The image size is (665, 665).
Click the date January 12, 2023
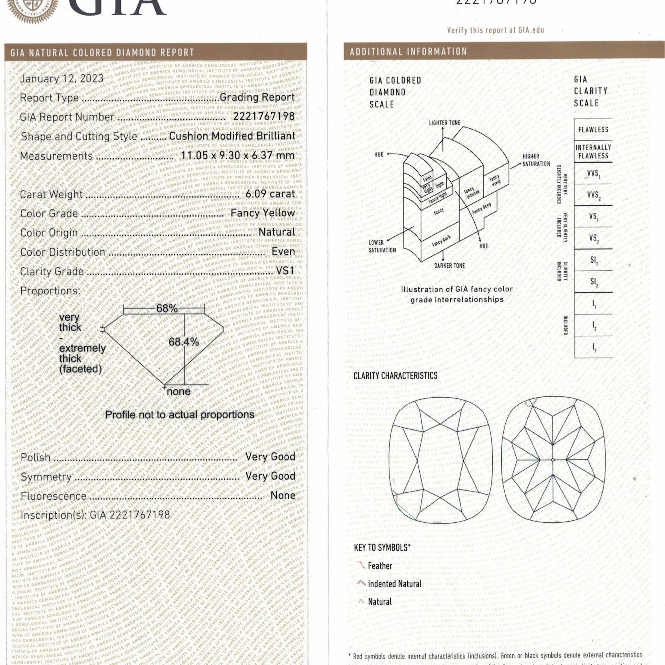click(62, 78)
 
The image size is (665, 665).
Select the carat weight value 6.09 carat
click(270, 194)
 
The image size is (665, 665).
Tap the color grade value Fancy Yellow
click(263, 213)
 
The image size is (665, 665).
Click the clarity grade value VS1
click(285, 271)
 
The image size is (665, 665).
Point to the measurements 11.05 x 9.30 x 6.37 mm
click(238, 156)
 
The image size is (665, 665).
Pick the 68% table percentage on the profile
click(167, 309)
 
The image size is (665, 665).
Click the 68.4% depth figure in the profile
click(184, 342)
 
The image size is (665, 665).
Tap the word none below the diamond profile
click(179, 391)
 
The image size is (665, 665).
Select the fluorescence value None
click(283, 495)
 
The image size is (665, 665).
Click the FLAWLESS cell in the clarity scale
click(593, 130)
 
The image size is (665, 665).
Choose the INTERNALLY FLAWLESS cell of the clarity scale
click(593, 151)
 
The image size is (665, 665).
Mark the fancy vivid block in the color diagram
click(495, 180)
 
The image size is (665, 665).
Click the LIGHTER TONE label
click(444, 123)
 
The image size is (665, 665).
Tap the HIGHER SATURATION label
click(536, 160)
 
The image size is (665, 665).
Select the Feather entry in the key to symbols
click(380, 566)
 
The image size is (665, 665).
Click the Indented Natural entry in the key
click(394, 584)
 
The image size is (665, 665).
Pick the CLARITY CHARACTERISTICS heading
click(395, 375)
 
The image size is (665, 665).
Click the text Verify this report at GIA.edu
click(495, 30)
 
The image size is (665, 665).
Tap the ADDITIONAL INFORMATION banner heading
click(408, 52)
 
